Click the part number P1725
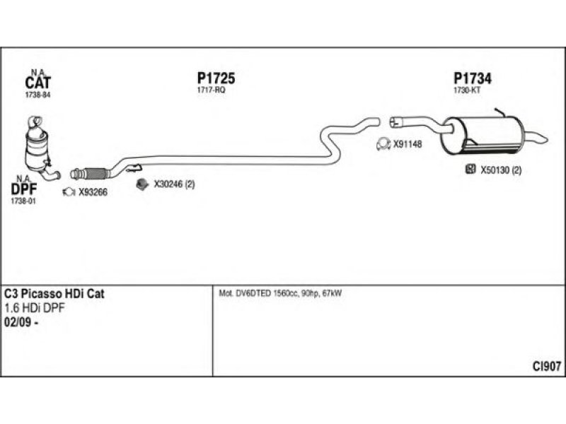[x=216, y=79]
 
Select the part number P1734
[x=472, y=79]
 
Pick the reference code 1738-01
[x=23, y=201]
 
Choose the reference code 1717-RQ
[x=210, y=90]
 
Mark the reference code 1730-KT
[x=467, y=90]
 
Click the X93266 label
[x=93, y=192]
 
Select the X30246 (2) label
[x=174, y=184]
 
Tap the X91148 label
[x=408, y=144]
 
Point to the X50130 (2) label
[x=501, y=170]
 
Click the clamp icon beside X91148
[x=382, y=144]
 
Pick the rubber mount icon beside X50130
[x=470, y=170]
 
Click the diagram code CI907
[x=547, y=366]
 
